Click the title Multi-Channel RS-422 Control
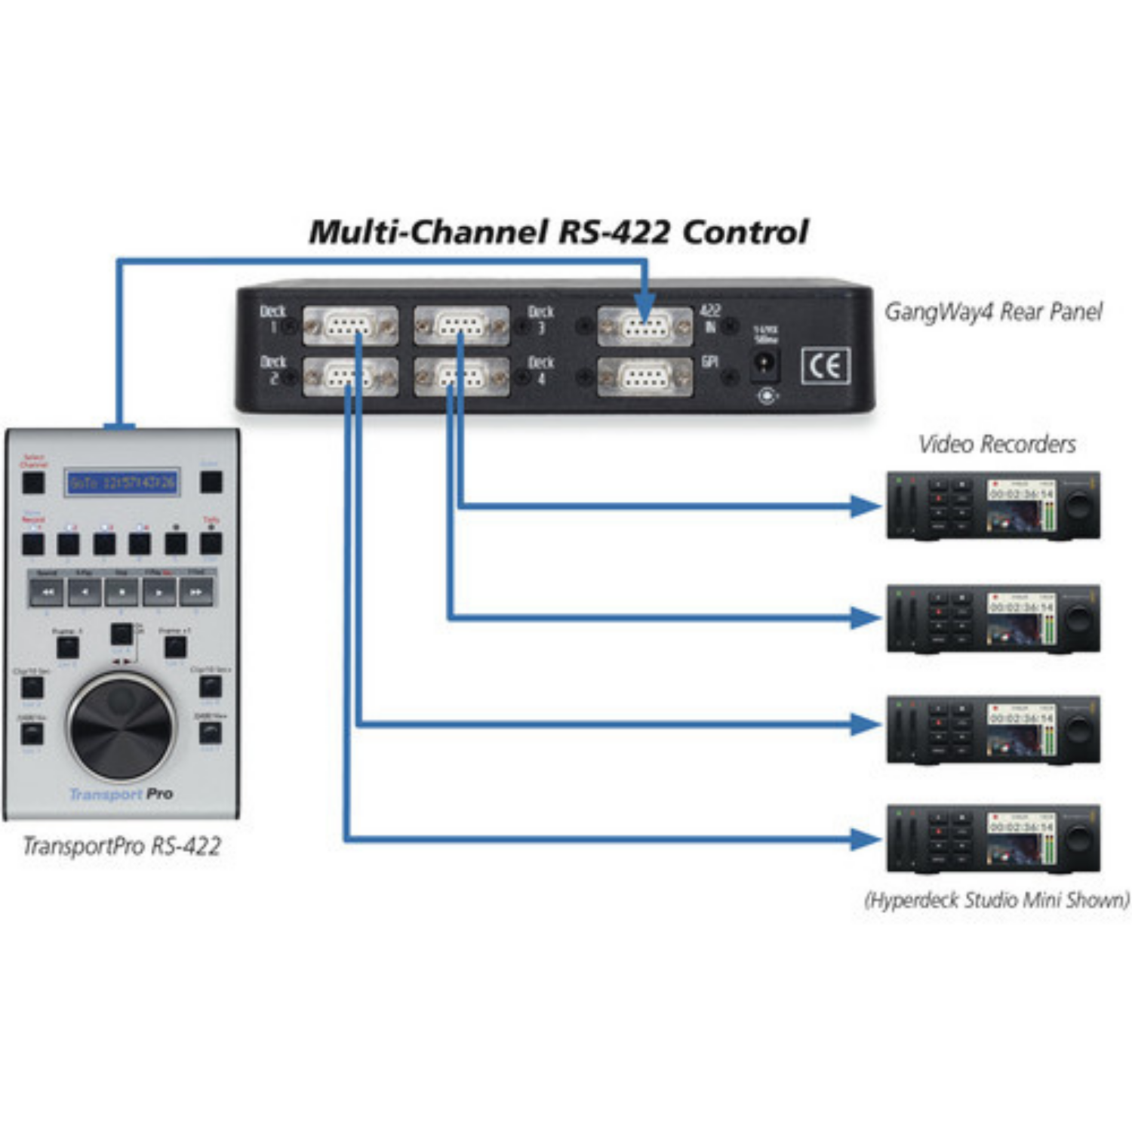(x=558, y=232)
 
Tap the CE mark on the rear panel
(x=825, y=366)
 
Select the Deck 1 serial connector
(x=349, y=326)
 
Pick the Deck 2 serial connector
(x=349, y=377)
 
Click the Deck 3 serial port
(x=461, y=326)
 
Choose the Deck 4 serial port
(x=461, y=377)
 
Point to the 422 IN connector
(x=644, y=327)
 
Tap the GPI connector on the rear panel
(x=644, y=377)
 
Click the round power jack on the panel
(x=764, y=365)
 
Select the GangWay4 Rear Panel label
(x=992, y=311)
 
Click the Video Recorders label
(x=996, y=444)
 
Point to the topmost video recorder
(x=992, y=505)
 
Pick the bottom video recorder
(x=992, y=838)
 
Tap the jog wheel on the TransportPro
(x=121, y=727)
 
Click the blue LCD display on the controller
(x=122, y=482)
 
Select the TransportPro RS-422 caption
(x=122, y=846)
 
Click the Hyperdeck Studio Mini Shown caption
(x=996, y=900)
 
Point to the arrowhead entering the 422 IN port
(x=644, y=307)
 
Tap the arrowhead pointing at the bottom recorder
(x=864, y=838)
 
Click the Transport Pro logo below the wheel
(x=121, y=794)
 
